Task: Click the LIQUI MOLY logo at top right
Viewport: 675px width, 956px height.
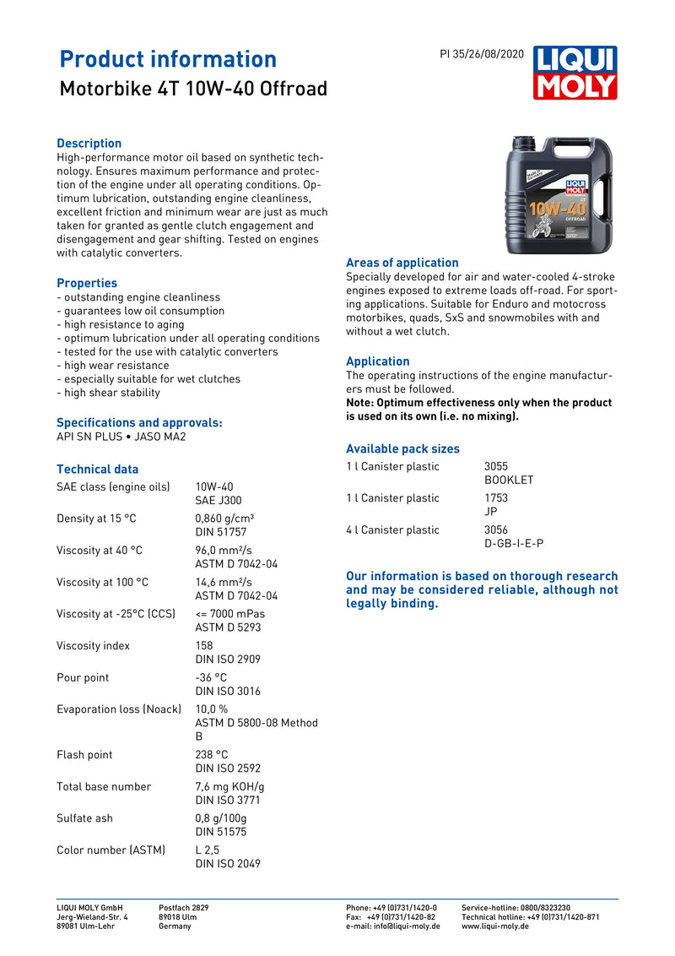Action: point(575,73)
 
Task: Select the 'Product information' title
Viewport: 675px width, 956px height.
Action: point(168,59)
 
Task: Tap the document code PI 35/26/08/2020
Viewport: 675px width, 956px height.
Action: point(482,54)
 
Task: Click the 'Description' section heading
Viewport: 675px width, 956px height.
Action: point(89,144)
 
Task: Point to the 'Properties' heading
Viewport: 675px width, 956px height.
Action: point(87,283)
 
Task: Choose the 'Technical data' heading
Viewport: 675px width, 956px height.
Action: point(97,469)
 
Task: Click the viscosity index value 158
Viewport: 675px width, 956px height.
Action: point(204,646)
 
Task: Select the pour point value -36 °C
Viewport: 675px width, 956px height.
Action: point(211,677)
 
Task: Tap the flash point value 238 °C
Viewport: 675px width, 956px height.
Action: point(212,755)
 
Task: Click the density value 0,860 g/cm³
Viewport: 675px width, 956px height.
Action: point(224,519)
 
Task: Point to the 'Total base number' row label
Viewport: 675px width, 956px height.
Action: point(104,786)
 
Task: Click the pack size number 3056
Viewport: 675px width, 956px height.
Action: point(496,530)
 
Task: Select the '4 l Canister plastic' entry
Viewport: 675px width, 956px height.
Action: point(392,530)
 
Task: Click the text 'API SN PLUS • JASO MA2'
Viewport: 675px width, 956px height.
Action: point(121,437)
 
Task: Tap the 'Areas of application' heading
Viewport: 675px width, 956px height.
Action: point(402,263)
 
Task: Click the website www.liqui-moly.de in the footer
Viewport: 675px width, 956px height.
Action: point(495,926)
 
